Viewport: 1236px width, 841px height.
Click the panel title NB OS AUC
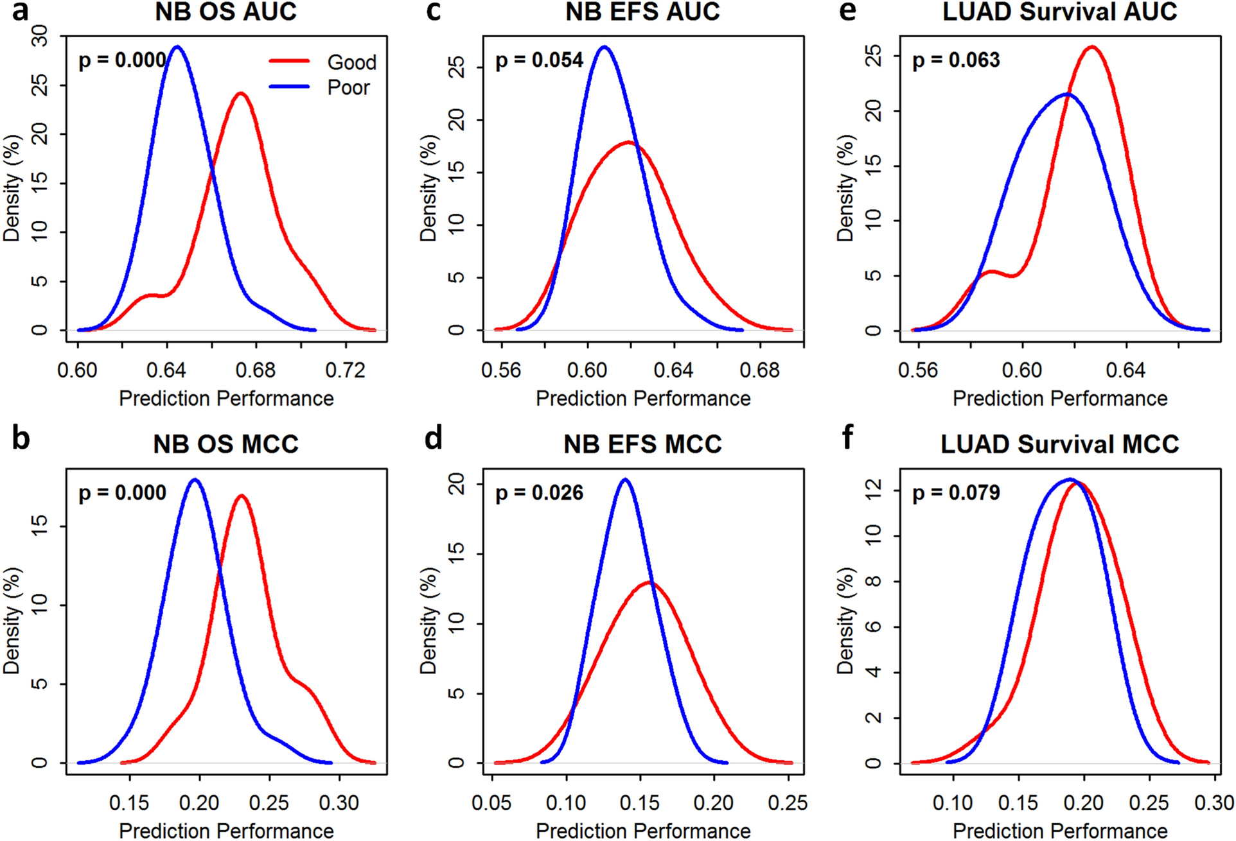pyautogui.click(x=225, y=12)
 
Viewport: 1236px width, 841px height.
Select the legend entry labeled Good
pyautogui.click(x=351, y=62)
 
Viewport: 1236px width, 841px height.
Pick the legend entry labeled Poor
pyautogui.click(x=348, y=87)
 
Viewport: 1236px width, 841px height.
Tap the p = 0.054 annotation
pyautogui.click(x=539, y=60)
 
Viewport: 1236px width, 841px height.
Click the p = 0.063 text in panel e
pyautogui.click(x=956, y=60)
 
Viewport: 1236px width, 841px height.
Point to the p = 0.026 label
pyautogui.click(x=539, y=493)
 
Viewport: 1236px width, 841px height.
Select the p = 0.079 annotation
pyautogui.click(x=956, y=493)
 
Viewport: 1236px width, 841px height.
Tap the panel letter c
pyautogui.click(x=434, y=12)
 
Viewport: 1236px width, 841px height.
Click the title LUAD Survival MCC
pyautogui.click(x=1059, y=444)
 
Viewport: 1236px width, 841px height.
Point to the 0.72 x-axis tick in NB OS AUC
pyautogui.click(x=346, y=370)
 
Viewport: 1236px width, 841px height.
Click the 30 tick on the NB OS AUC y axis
pyautogui.click(x=40, y=36)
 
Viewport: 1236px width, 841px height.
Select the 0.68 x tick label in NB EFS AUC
pyautogui.click(x=759, y=370)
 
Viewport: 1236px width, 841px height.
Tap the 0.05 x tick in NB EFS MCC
pyautogui.click(x=491, y=803)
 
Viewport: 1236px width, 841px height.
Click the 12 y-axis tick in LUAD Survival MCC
pyautogui.click(x=873, y=490)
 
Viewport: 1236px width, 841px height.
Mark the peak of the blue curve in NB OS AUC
pyautogui.click(x=177, y=47)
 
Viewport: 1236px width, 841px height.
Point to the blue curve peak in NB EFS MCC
pyautogui.click(x=624, y=479)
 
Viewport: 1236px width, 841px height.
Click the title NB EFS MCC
pyautogui.click(x=642, y=444)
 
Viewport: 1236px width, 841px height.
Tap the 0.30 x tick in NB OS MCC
pyautogui.click(x=339, y=803)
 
